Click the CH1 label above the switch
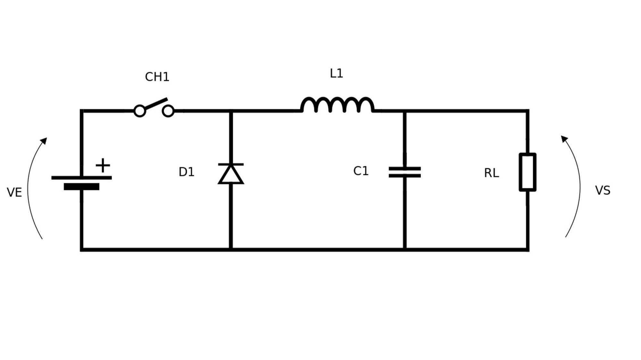click(157, 77)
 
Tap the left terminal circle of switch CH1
click(140, 111)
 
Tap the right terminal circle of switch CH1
click(168, 111)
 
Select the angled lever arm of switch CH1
click(156, 103)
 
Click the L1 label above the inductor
click(336, 74)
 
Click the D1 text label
click(186, 172)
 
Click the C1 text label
click(361, 171)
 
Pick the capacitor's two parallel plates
click(404, 172)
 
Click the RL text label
click(491, 173)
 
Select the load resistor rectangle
click(528, 172)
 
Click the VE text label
click(14, 192)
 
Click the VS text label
click(603, 191)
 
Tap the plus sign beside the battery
click(103, 165)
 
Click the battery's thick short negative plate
click(81, 187)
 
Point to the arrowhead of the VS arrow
click(564, 139)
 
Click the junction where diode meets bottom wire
click(231, 250)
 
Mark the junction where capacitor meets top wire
click(404, 111)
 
